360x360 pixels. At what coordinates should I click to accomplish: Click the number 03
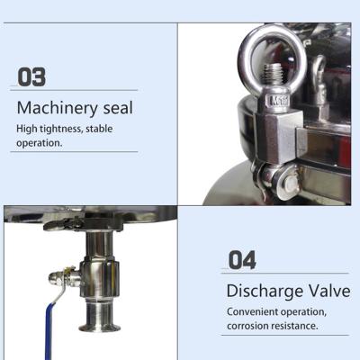(x=31, y=76)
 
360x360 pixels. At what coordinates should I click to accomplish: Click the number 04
(x=242, y=260)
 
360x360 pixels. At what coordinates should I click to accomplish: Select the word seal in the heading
(x=118, y=107)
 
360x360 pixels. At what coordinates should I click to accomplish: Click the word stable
(x=99, y=129)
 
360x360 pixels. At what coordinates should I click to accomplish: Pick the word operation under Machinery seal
(x=39, y=143)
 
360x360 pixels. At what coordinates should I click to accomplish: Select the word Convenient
(x=252, y=311)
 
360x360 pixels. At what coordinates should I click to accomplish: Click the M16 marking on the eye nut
(x=278, y=101)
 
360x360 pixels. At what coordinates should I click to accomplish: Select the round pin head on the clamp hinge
(x=291, y=182)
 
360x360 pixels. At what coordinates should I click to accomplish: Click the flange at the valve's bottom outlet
(x=100, y=327)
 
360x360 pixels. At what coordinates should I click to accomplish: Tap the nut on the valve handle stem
(x=57, y=276)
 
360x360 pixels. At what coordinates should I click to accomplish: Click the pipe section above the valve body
(x=99, y=244)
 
